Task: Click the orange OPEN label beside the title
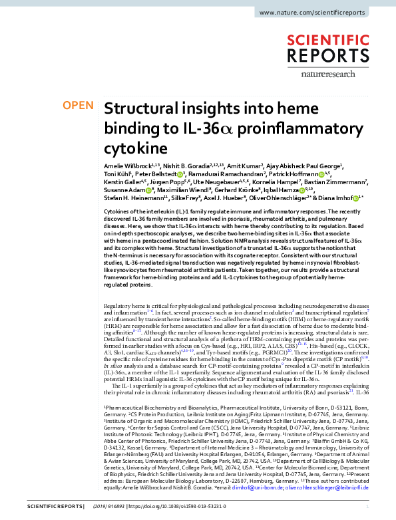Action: tap(77, 106)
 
